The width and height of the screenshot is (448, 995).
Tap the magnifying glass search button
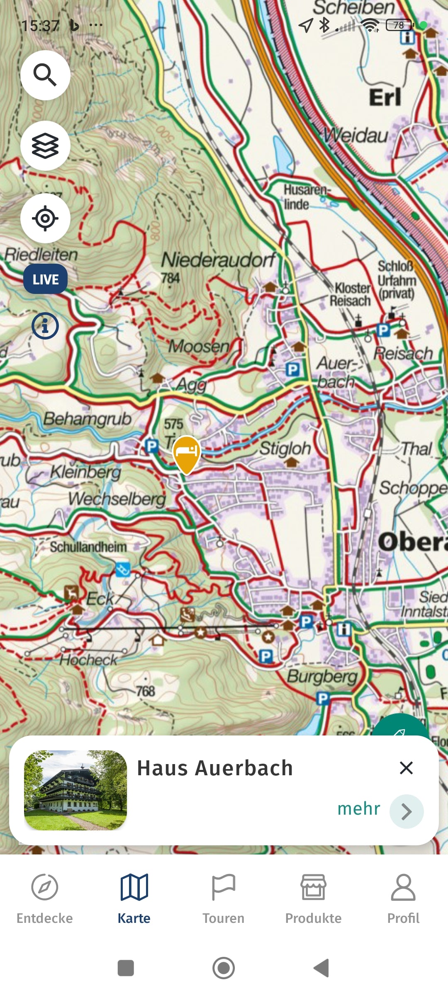click(45, 75)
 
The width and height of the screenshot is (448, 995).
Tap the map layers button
click(45, 146)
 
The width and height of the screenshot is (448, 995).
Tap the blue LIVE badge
click(45, 279)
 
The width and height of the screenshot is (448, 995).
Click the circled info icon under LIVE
click(45, 326)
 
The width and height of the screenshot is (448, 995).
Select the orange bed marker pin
click(187, 452)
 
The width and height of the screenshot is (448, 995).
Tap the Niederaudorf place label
click(218, 260)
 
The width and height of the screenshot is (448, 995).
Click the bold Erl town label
click(385, 98)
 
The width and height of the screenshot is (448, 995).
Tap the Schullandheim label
click(88, 547)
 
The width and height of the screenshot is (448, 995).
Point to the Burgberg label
click(322, 677)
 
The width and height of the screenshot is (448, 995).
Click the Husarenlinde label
click(306, 197)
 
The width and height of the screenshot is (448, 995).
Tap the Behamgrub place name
click(87, 419)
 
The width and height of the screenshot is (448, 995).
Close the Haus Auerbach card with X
click(406, 768)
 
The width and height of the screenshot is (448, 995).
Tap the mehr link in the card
click(359, 808)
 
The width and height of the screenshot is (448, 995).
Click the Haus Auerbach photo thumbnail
click(75, 790)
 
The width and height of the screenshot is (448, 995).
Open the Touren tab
click(223, 898)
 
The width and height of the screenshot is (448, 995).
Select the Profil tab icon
click(403, 887)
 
